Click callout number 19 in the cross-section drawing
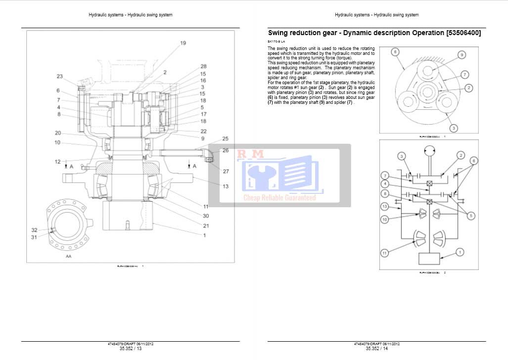pos(183,44)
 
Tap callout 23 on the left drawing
pos(60,76)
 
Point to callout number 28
pos(203,66)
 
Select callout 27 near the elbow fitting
pos(226,172)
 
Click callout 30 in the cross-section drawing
pos(206,216)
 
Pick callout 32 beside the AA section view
pos(35,230)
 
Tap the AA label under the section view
pos(68,257)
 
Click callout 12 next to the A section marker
pos(58,162)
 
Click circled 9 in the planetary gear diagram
pos(461,55)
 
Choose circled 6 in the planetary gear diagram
pos(395,52)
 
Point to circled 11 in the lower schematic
pos(384,253)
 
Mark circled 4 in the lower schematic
pos(384,184)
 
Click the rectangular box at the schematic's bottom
pos(430,259)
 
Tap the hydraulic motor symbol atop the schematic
pos(430,150)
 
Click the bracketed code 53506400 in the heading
pos(463,33)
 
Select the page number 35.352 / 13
pos(130,348)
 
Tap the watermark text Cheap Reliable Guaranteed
pos(279,198)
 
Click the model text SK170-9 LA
pos(276,41)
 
